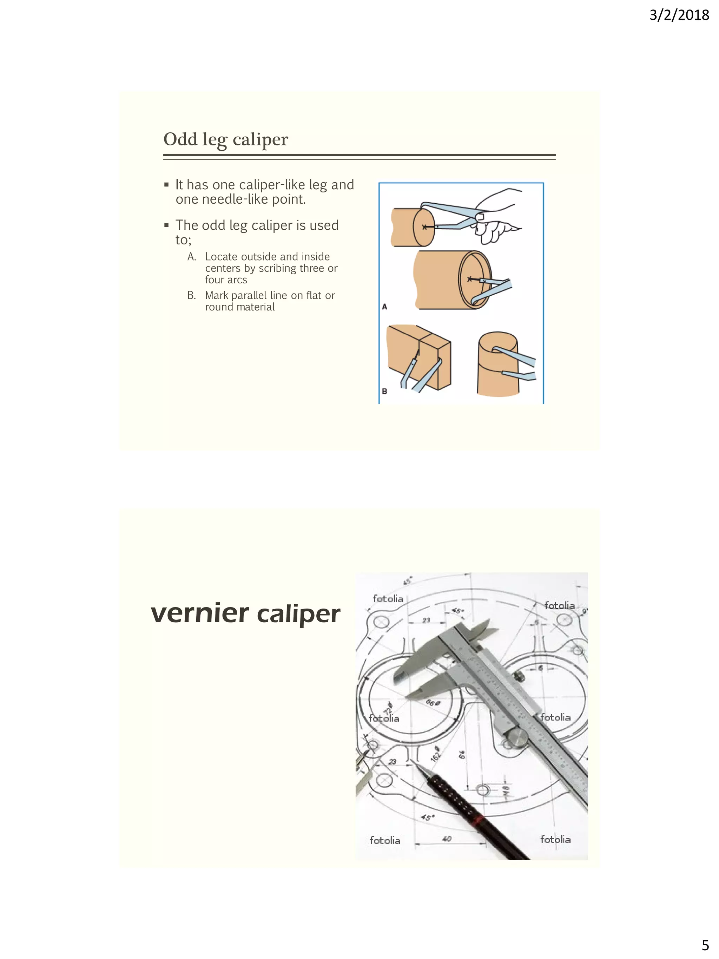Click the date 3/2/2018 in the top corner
click(679, 15)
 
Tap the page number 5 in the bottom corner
click(705, 945)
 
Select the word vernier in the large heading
click(200, 613)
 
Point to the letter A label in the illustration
click(384, 307)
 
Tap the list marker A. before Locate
click(192, 257)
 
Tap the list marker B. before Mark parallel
click(192, 295)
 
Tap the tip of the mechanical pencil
click(418, 765)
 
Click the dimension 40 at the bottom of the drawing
click(447, 839)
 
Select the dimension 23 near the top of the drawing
click(426, 620)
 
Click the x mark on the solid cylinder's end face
click(425, 227)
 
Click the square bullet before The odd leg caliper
click(166, 225)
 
